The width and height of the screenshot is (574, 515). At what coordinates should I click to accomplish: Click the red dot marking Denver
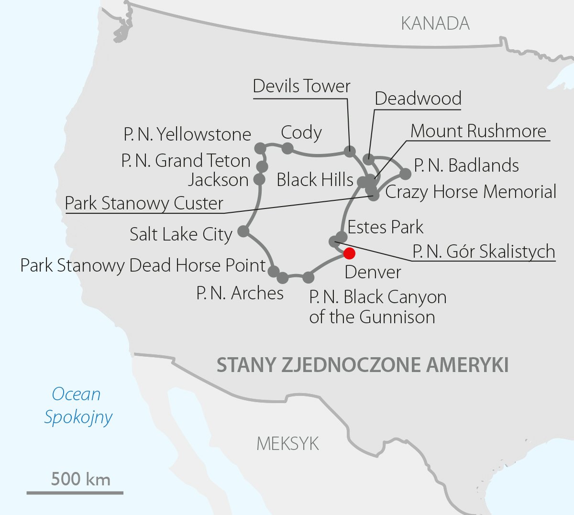[x=349, y=253]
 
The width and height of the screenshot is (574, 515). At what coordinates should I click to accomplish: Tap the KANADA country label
[x=435, y=23]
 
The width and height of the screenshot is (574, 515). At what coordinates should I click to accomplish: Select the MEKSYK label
[x=287, y=444]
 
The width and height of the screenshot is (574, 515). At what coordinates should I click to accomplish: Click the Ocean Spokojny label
[x=77, y=405]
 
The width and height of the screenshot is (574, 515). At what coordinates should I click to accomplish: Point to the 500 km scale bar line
[x=75, y=492]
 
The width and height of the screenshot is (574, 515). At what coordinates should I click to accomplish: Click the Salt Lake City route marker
[x=243, y=231]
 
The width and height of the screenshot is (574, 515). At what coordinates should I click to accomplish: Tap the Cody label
[x=301, y=132]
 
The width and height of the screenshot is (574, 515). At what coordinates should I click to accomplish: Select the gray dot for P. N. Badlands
[x=405, y=174]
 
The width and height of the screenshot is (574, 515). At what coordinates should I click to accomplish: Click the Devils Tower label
[x=301, y=86]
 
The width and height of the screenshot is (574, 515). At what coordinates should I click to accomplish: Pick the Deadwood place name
[x=418, y=98]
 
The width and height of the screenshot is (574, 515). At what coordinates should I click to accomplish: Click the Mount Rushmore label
[x=478, y=131]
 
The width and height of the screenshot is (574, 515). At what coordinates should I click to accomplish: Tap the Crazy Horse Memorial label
[x=471, y=192]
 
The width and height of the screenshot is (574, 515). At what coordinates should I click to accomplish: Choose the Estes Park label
[x=385, y=227]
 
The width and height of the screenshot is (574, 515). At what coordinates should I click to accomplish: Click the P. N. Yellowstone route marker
[x=260, y=148]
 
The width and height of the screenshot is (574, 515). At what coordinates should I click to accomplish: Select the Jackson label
[x=218, y=180]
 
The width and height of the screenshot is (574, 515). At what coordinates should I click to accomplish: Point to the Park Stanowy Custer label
[x=144, y=203]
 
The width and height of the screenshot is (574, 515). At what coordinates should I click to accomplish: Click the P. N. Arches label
[x=240, y=293]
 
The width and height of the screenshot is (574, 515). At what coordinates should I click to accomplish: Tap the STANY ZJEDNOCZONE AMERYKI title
[x=362, y=365]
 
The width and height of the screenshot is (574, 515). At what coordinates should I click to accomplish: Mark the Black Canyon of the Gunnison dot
[x=309, y=277]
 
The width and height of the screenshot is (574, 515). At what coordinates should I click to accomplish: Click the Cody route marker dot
[x=287, y=148]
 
